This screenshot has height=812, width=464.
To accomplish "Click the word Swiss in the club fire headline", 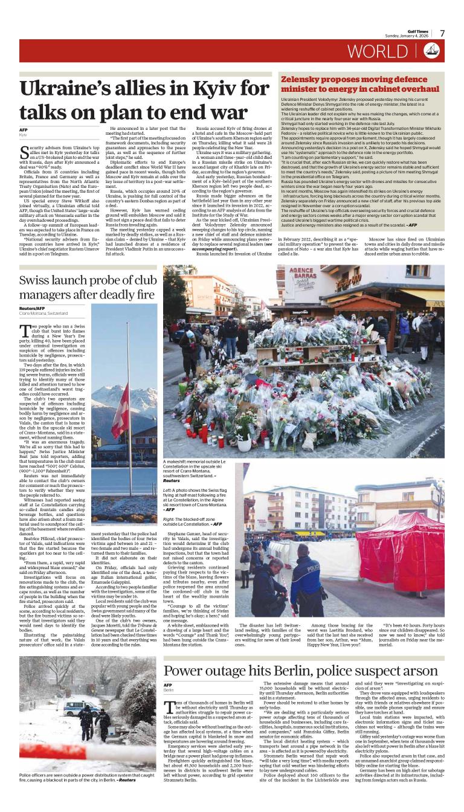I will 36,280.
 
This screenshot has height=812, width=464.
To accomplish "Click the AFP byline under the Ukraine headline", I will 24,129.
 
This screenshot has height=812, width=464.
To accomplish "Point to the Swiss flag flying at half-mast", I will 121,417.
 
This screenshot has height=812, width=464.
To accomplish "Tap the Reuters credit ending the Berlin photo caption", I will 127,780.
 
